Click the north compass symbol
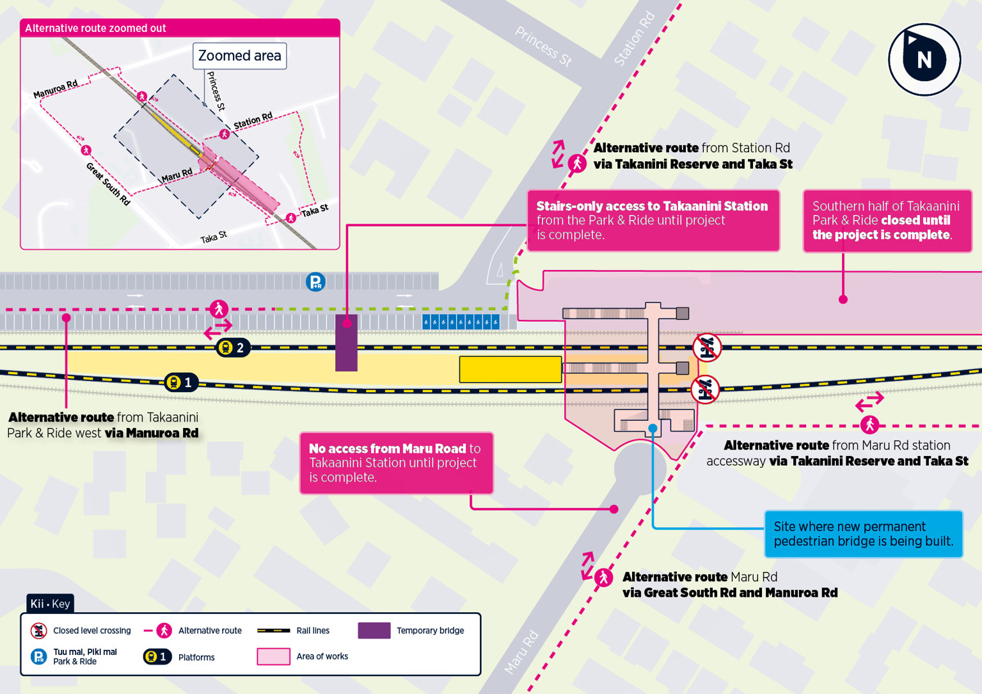pos(924,59)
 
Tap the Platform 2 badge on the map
pos(233,348)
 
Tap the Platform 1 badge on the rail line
pos(181,382)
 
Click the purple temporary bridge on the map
pos(346,343)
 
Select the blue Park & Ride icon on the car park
pos(315,282)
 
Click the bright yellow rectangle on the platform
pos(510,370)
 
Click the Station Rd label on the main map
pos(634,38)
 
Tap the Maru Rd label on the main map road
pos(521,652)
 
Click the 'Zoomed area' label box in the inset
pos(239,56)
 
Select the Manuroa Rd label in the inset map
pos(56,90)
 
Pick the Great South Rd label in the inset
pos(108,184)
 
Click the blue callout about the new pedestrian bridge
pos(863,534)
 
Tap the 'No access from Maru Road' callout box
pos(396,463)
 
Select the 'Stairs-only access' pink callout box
pos(653,221)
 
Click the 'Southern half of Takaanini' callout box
pos(887,221)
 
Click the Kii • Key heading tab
pos(50,604)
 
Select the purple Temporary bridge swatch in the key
pos(374,631)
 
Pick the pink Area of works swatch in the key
pos(273,657)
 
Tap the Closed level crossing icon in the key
pos(39,631)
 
